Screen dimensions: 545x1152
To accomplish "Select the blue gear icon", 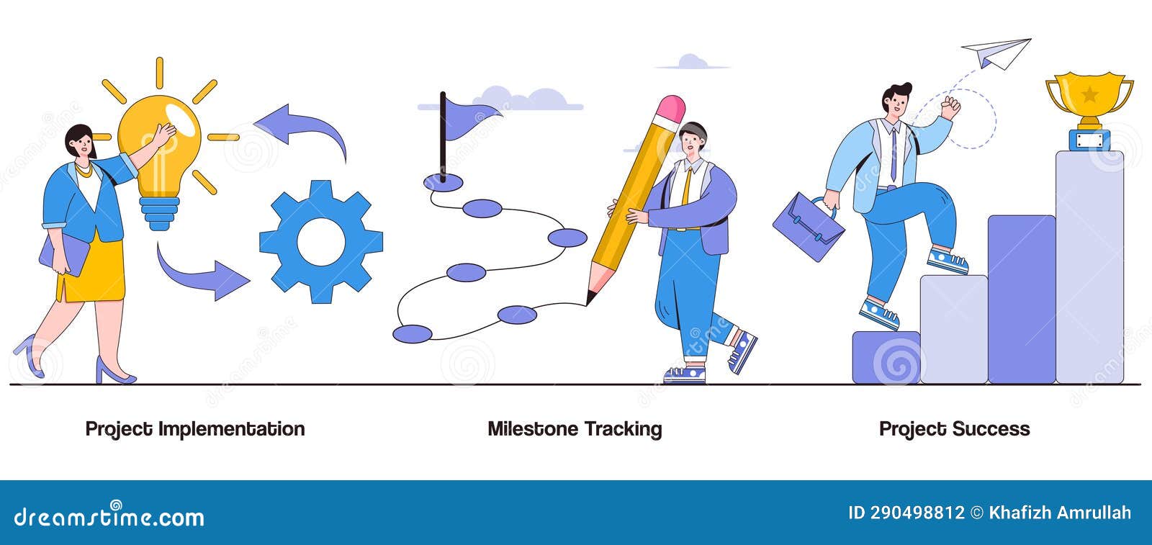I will [320, 241].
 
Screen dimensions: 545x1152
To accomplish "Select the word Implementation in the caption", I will [231, 429].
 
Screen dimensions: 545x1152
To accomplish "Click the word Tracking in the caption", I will [623, 429].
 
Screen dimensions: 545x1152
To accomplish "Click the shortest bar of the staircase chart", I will [886, 357].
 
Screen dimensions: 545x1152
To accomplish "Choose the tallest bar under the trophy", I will [1089, 266].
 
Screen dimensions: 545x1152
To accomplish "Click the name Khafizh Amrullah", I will [1060, 513].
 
